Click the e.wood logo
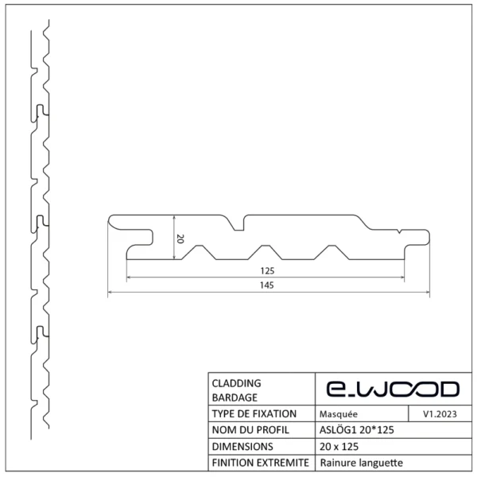[x=393, y=389]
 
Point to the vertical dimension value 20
[x=180, y=238]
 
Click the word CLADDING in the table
[x=236, y=382]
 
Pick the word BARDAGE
[x=235, y=397]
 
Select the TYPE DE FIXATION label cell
[x=254, y=414]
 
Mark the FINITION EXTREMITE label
[x=260, y=463]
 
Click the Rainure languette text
[x=360, y=463]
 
